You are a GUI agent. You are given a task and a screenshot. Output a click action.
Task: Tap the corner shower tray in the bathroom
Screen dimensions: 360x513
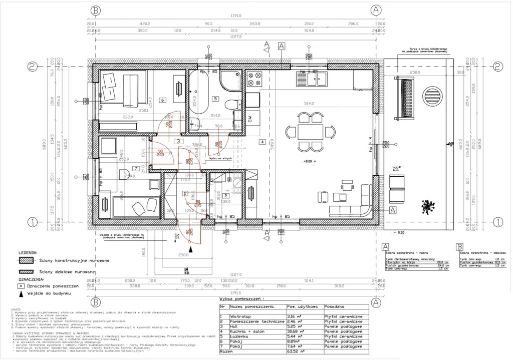(x=230, y=79)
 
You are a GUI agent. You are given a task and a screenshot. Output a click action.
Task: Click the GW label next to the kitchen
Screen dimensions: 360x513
(x=251, y=119)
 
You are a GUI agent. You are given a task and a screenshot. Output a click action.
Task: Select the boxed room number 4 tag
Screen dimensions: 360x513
(x=262, y=142)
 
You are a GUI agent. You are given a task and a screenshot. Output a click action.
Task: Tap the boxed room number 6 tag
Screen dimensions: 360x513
(x=163, y=100)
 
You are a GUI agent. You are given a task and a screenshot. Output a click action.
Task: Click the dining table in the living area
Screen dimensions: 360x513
(x=311, y=132)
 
